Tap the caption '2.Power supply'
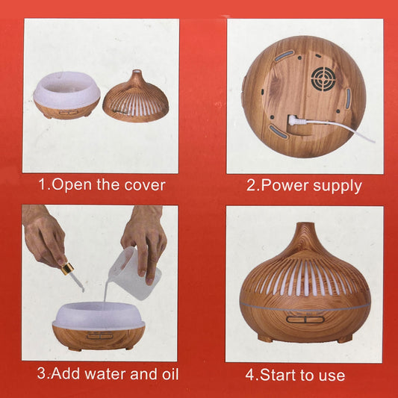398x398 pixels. tap(304, 185)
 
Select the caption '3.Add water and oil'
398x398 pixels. tap(108, 373)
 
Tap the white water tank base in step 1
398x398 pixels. tap(66, 96)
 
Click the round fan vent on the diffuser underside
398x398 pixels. tap(324, 78)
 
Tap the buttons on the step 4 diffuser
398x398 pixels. tap(305, 320)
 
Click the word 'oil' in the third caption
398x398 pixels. tap(167, 373)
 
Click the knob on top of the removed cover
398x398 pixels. tap(135, 75)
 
